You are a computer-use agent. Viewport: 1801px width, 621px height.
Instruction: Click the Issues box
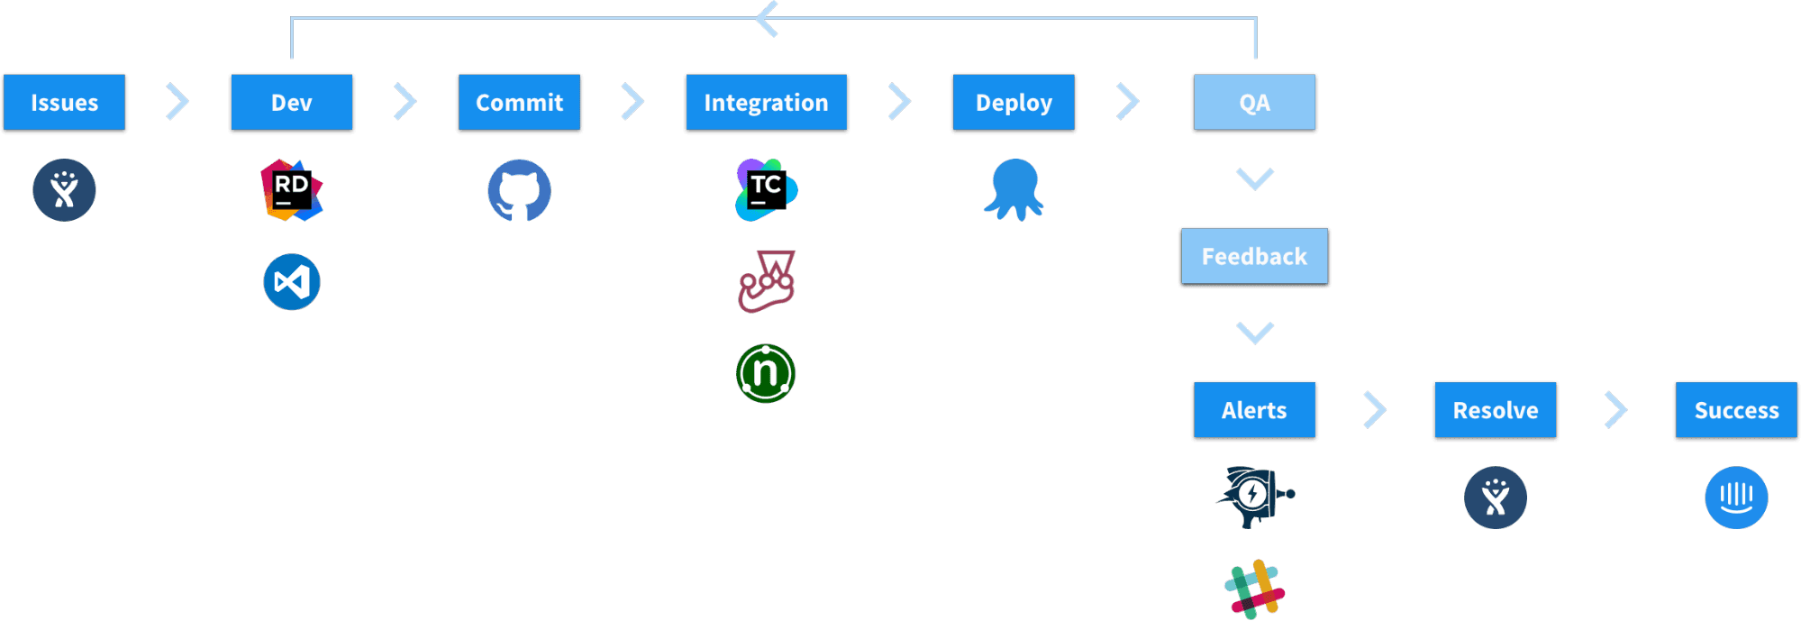(64, 103)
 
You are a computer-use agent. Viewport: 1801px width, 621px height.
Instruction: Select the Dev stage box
(292, 103)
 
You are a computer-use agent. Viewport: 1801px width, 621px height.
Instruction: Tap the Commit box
(519, 103)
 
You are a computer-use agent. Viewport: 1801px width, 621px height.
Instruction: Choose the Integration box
(766, 103)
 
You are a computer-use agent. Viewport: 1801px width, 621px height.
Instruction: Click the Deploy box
(1014, 103)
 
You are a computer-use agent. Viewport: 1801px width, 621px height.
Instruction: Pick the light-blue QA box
(1254, 103)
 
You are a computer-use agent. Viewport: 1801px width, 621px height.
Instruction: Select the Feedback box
(1254, 257)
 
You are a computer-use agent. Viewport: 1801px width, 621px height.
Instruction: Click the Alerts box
(1254, 410)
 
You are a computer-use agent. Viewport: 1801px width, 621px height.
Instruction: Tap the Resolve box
(1496, 410)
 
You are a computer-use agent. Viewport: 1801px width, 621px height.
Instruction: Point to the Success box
(1736, 410)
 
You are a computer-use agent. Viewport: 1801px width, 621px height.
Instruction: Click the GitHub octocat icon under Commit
(519, 190)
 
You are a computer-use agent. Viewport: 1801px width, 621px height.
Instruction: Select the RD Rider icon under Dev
(292, 190)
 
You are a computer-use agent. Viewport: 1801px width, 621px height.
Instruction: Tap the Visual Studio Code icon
(292, 282)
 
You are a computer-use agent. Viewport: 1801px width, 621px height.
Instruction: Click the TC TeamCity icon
(766, 190)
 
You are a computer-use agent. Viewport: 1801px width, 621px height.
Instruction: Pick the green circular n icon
(766, 373)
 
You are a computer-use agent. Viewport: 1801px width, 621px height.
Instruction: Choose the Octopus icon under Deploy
(1014, 190)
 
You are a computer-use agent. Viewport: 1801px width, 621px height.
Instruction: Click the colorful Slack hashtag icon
(1254, 589)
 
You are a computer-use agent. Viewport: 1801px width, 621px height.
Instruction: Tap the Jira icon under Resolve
(1496, 497)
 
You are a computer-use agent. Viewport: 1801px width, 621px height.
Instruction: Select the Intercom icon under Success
(1736, 497)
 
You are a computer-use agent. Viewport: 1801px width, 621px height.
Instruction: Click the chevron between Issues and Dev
(178, 102)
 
